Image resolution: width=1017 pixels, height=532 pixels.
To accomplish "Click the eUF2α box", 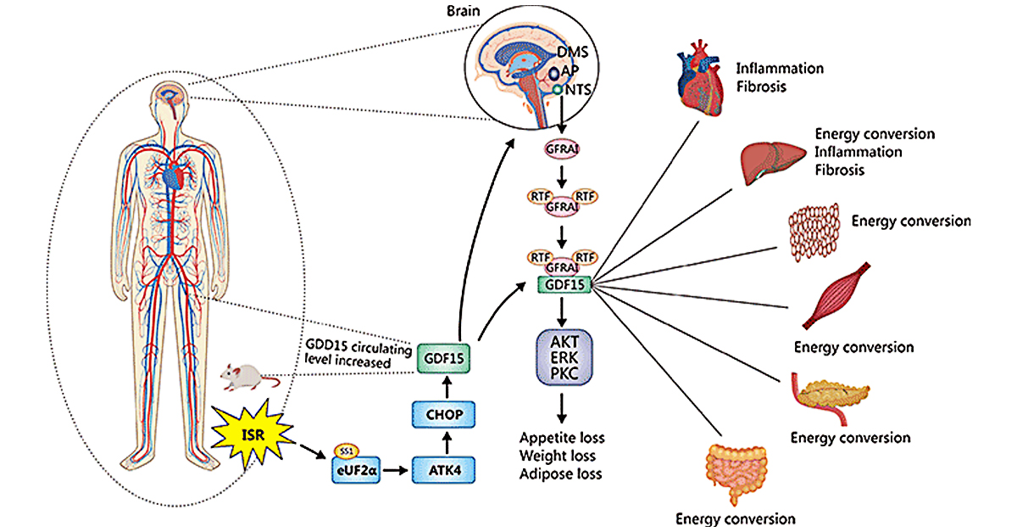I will point(354,469).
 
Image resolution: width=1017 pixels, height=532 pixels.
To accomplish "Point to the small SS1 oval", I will point(345,450).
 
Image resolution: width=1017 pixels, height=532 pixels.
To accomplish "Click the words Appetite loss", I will point(563,439).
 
